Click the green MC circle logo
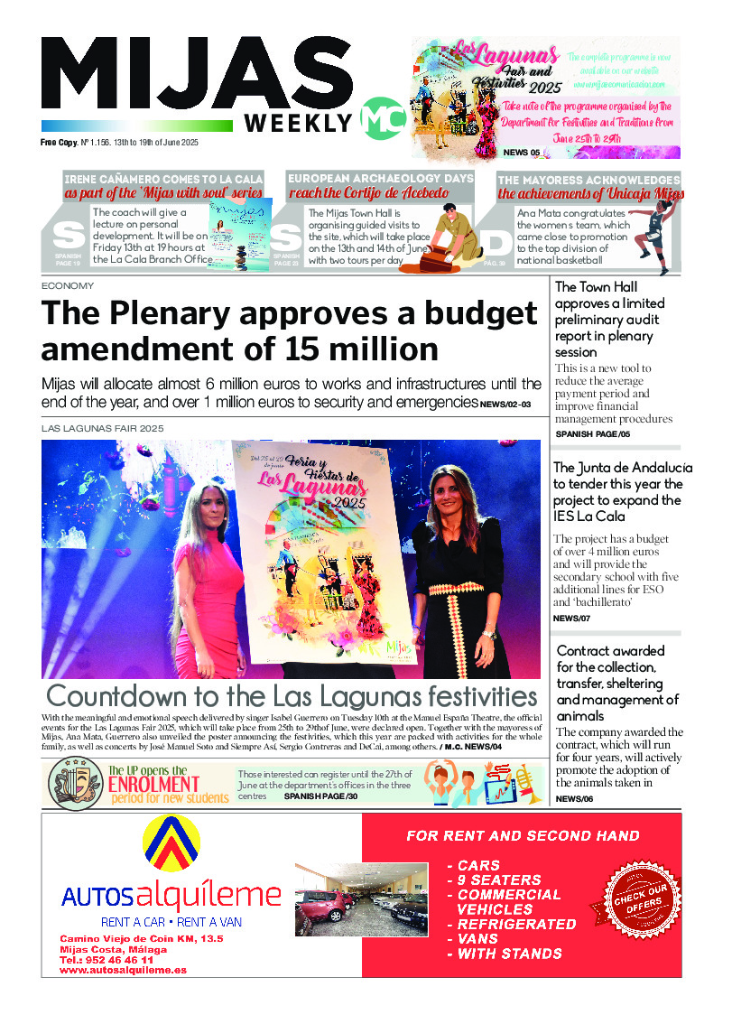376,116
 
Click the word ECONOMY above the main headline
68,285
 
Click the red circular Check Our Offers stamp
641,894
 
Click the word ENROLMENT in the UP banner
153,783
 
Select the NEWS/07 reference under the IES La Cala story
571,618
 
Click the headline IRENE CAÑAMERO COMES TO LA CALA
163,179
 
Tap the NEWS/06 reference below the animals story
574,799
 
